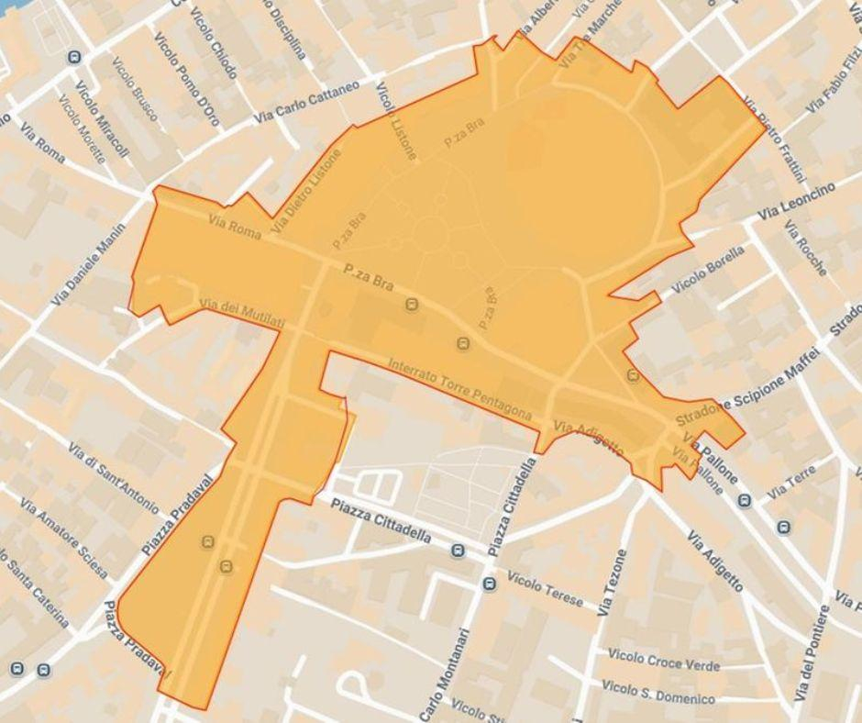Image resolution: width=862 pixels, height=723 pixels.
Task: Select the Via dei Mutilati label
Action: click(x=242, y=313)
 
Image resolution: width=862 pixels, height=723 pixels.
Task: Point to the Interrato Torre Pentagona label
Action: click(x=459, y=390)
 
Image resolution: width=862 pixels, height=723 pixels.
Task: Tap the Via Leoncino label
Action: click(x=797, y=201)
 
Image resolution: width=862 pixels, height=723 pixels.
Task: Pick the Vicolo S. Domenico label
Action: click(x=658, y=689)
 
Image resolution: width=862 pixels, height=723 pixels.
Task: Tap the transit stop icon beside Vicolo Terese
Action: click(x=490, y=584)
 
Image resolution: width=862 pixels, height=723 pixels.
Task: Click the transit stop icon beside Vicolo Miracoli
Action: click(x=74, y=57)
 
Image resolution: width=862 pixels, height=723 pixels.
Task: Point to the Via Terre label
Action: click(x=790, y=481)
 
